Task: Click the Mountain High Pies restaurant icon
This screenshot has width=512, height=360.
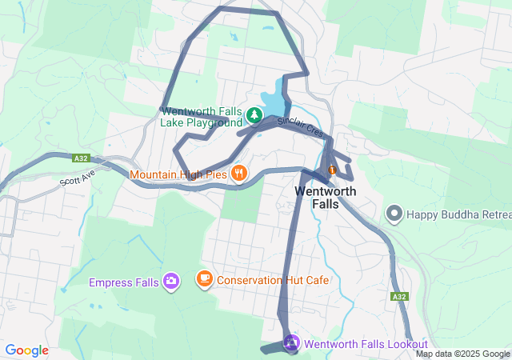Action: [x=238, y=173]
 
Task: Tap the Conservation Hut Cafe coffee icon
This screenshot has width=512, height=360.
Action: [x=205, y=279]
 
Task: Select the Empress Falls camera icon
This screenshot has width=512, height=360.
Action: [x=170, y=281]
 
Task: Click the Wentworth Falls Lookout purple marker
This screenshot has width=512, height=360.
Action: [x=292, y=343]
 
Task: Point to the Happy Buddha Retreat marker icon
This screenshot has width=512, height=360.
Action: [x=394, y=213]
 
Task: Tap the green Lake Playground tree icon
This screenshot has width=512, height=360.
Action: [x=254, y=116]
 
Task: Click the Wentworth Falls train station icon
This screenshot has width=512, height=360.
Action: [x=332, y=170]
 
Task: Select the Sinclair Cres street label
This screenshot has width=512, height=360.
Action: [x=300, y=127]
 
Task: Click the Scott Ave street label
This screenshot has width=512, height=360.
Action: [x=77, y=177]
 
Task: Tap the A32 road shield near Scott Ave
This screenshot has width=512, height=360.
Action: [x=80, y=158]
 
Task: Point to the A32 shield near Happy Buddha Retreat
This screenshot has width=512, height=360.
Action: [x=399, y=297]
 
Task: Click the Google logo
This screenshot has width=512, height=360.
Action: [x=26, y=350]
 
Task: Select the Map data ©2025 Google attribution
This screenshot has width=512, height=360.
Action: [x=462, y=354]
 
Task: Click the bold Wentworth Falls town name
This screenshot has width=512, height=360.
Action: [x=327, y=198]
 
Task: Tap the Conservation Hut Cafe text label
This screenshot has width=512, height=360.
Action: [x=272, y=280]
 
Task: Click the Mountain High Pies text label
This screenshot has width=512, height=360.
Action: [x=178, y=174]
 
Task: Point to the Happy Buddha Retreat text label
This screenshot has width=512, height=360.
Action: [x=458, y=214]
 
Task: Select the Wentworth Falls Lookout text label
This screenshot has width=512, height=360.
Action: [x=366, y=344]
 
